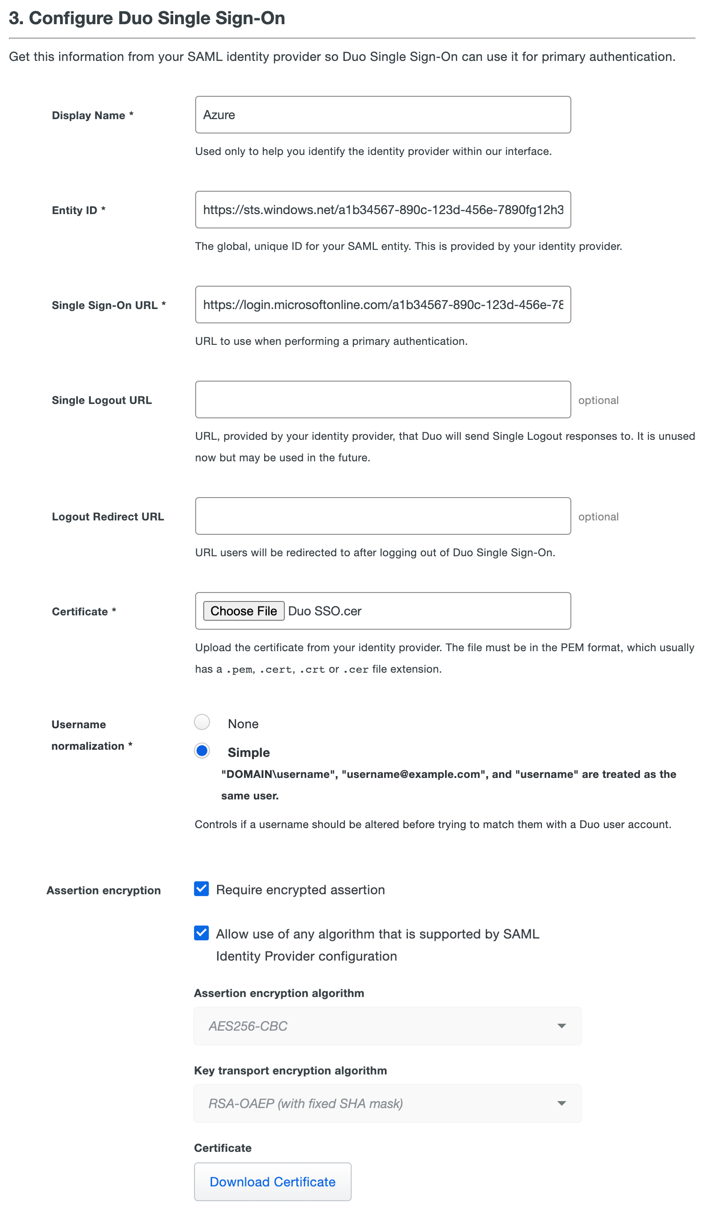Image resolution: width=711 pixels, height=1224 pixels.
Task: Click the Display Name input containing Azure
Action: pos(382,115)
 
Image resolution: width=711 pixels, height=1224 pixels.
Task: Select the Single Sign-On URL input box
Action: pos(382,305)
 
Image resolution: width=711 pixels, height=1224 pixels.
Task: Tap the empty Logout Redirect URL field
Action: pos(382,516)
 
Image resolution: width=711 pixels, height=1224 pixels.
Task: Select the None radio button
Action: pos(202,722)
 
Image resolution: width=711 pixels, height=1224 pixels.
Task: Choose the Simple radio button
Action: pos(202,751)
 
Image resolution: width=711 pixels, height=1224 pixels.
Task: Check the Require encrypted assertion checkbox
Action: pos(201,889)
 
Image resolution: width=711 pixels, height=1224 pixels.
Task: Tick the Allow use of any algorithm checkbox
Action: pos(201,933)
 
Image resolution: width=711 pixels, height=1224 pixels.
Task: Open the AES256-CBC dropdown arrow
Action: pos(561,1026)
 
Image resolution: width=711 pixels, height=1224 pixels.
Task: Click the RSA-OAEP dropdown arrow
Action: pos(561,1103)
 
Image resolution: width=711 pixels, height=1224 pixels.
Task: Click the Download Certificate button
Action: pos(273,1181)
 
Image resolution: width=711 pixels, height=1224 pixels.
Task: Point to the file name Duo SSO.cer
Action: pos(325,611)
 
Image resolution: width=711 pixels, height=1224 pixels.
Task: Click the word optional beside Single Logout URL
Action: pos(598,400)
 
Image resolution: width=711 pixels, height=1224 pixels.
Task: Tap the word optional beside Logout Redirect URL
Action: pos(598,517)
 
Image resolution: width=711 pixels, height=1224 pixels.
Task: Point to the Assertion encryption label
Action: pos(103,890)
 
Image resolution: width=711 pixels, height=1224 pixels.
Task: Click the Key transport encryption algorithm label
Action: pos(291,1070)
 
